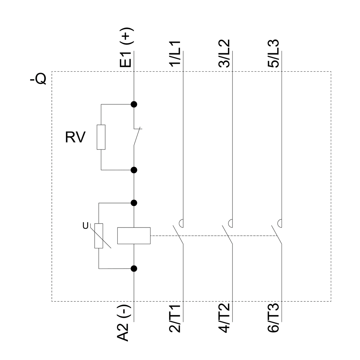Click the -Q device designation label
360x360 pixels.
coord(38,79)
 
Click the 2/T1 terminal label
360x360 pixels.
coord(176,319)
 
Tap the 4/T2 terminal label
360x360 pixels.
coord(225,319)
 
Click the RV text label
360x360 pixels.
coord(75,138)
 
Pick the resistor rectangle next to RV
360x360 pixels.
coord(101,137)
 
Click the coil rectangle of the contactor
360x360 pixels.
coord(134,236)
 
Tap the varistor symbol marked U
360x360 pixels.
coord(99,236)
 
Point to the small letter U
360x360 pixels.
coord(85,226)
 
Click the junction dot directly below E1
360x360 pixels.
coord(134,104)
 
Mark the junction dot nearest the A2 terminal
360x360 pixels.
coord(134,268)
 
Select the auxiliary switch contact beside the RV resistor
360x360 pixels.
coord(137,137)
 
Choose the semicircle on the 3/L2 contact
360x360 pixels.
coord(230,223)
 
